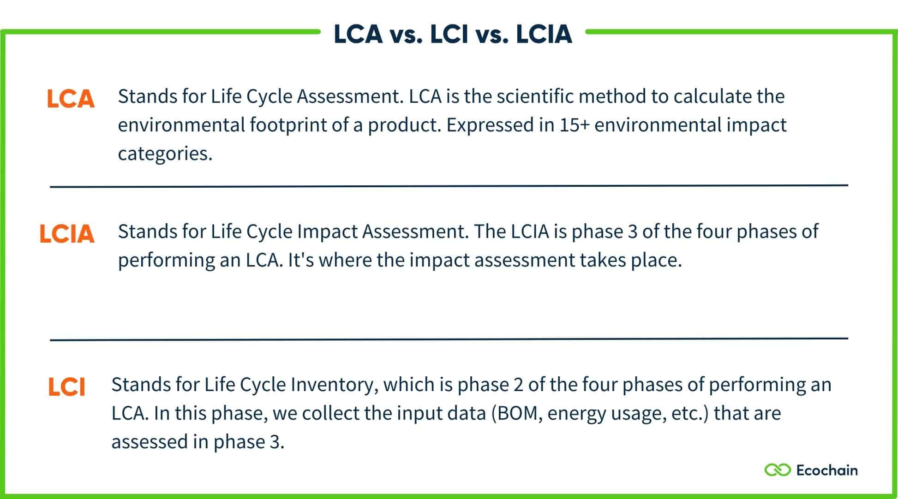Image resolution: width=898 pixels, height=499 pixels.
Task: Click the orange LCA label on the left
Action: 71,99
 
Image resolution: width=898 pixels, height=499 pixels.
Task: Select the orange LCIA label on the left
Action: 67,234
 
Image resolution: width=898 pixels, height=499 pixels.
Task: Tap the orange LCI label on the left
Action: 67,387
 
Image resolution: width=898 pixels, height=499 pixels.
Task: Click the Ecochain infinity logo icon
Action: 778,470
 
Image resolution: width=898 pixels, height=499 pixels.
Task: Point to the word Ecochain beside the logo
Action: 827,470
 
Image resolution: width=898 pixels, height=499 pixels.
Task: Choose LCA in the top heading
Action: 358,35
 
